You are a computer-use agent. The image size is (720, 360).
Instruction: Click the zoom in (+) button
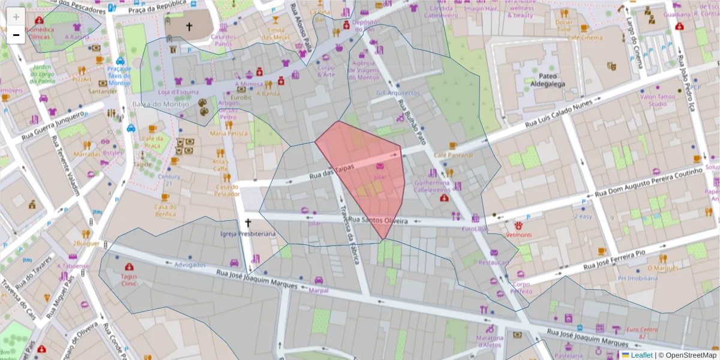(x=16, y=17)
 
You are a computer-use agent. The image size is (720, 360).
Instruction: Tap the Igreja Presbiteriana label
(x=248, y=233)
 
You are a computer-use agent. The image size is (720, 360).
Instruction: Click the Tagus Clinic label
(x=128, y=280)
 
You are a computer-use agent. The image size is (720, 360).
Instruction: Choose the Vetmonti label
(x=518, y=235)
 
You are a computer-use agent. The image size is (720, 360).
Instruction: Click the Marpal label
(x=319, y=290)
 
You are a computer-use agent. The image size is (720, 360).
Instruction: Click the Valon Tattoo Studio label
(x=658, y=100)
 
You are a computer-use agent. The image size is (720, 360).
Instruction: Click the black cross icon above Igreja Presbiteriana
(x=248, y=223)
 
